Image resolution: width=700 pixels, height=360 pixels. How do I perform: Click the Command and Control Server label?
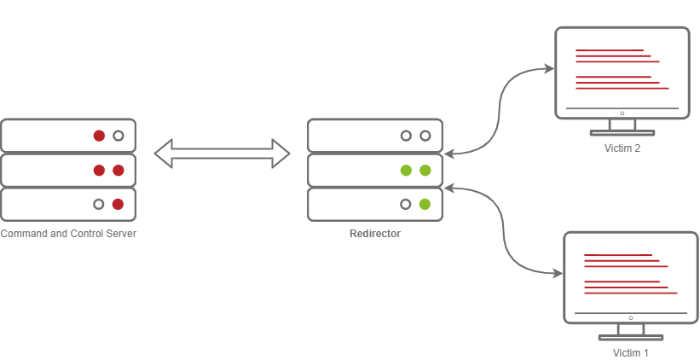click(x=68, y=234)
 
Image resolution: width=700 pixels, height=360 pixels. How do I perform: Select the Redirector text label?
click(x=374, y=234)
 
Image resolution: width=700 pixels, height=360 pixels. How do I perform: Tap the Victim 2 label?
click(x=622, y=148)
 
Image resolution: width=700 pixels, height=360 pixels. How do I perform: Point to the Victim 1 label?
click(x=631, y=352)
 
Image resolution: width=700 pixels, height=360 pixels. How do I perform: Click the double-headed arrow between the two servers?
click(x=222, y=154)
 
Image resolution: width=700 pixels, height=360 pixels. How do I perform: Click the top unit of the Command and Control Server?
click(x=51, y=136)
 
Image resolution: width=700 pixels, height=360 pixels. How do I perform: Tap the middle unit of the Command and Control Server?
click(x=51, y=170)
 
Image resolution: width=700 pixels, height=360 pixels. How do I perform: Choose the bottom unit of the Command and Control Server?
click(x=51, y=204)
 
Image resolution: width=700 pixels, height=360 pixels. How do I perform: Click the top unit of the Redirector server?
click(x=358, y=136)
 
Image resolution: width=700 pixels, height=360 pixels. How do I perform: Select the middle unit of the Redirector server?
click(x=358, y=170)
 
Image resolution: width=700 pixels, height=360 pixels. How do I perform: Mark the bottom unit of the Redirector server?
click(x=358, y=204)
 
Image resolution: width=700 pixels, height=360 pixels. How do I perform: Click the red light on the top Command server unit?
click(x=99, y=136)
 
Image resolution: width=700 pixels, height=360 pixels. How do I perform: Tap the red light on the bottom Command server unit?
click(x=119, y=204)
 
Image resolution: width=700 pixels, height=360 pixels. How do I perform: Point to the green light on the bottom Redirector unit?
click(x=425, y=204)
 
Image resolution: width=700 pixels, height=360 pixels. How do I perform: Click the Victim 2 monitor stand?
click(x=622, y=127)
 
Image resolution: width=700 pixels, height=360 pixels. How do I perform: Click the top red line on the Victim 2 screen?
click(x=610, y=51)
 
